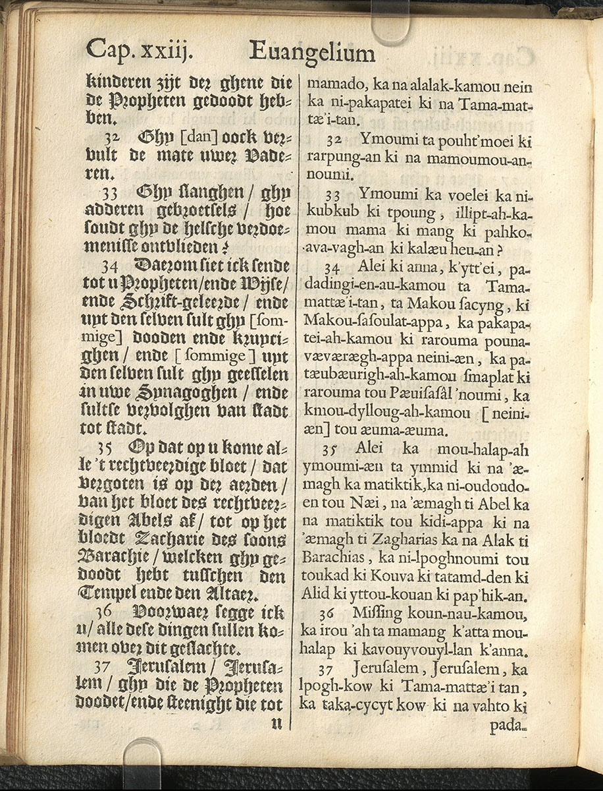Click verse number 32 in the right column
(334, 142)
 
